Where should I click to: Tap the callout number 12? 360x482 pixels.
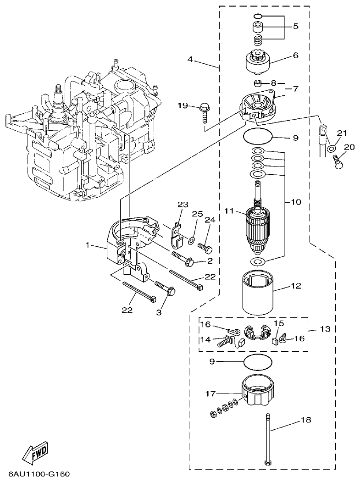(295, 285)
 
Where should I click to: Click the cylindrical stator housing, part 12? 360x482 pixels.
(258, 294)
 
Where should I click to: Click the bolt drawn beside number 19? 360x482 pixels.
(204, 113)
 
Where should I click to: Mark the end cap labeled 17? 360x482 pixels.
(259, 394)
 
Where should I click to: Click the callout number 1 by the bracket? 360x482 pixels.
(88, 245)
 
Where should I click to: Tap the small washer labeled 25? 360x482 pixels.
(191, 240)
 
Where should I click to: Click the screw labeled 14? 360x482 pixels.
(224, 341)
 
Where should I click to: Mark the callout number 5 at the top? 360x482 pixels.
(295, 26)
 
